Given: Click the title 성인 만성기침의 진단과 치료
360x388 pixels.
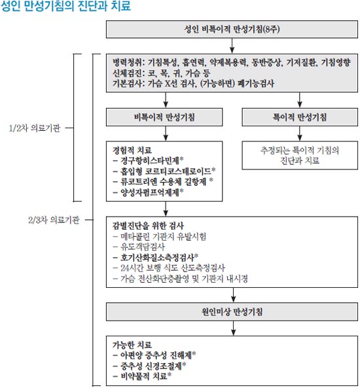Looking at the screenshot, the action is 65,6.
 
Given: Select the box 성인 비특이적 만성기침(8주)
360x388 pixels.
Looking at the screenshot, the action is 232,29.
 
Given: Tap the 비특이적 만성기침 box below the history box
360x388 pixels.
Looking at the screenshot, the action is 164,117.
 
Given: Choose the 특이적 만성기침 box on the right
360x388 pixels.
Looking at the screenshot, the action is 300,117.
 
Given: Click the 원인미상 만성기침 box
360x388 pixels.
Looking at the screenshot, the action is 232,311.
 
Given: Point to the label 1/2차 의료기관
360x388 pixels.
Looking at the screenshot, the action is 35,128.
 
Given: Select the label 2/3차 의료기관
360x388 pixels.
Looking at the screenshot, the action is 54,220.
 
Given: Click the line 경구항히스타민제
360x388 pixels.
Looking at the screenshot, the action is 149,160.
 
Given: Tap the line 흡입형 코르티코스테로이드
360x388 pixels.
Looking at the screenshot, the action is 164,171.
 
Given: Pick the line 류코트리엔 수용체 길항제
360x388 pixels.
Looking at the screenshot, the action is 163,182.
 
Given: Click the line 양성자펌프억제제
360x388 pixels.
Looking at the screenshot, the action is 149,192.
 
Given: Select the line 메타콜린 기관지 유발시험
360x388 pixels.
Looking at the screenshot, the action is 160,237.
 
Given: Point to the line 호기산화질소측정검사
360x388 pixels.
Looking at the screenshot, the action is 156,257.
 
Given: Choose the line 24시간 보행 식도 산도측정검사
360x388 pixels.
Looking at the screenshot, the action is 169,268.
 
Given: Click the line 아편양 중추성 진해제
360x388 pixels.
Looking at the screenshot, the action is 154,355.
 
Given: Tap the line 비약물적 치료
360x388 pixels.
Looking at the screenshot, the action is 142,376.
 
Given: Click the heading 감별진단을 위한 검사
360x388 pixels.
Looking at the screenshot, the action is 148,226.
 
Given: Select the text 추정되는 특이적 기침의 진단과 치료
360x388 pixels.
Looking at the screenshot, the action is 300,156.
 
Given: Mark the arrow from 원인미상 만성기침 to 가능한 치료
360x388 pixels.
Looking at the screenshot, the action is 233,328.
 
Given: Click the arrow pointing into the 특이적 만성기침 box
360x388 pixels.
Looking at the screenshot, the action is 300,100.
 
